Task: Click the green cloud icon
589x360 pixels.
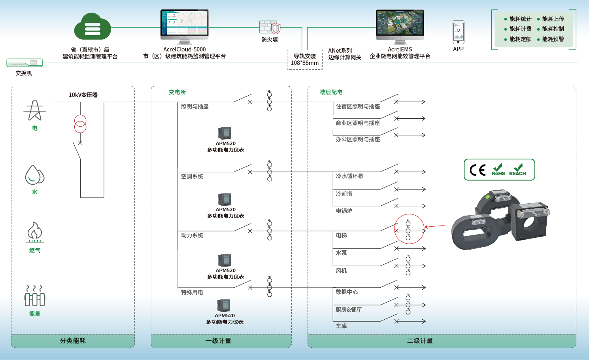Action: (93, 27)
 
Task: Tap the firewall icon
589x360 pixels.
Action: (270, 27)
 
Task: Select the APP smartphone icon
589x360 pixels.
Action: (458, 32)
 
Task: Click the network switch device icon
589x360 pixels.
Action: (25, 63)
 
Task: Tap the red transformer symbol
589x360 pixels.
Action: (80, 124)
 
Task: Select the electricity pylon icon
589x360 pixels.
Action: (35, 110)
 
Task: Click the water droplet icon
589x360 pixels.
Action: (34, 175)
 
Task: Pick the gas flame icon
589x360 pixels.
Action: (35, 231)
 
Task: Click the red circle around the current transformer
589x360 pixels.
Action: (409, 229)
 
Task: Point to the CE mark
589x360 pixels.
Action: (478, 170)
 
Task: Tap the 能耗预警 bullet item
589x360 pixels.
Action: (553, 39)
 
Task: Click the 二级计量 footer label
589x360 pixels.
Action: (420, 341)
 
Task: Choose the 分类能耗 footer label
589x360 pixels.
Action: (73, 341)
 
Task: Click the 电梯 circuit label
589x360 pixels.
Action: (341, 235)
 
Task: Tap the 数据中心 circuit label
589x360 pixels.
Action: (347, 292)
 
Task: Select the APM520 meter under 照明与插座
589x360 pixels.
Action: (224, 133)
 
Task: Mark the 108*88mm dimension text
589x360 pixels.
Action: (305, 63)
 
